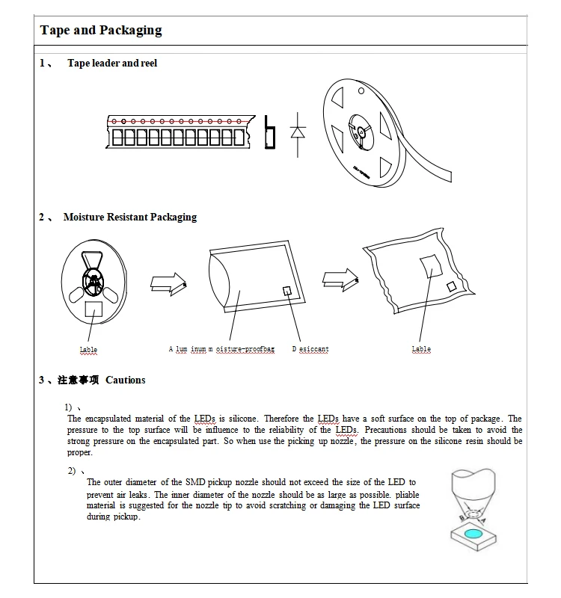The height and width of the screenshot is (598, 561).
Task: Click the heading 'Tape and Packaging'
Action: pos(100,31)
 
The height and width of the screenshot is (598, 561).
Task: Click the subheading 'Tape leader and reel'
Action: pos(112,64)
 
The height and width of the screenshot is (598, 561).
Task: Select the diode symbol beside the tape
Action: pos(298,133)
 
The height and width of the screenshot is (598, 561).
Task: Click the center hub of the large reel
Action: pos(360,132)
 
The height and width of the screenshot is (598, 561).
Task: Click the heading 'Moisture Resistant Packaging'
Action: pos(130,218)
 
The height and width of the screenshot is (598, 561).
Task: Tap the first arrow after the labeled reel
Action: pos(168,281)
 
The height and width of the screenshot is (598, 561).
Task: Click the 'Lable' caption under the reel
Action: pos(88,350)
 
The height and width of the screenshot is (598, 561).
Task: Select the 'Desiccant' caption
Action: pos(310,350)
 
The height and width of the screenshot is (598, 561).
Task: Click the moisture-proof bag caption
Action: pos(221,350)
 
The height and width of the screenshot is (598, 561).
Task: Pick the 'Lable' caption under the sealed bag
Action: pos(421,350)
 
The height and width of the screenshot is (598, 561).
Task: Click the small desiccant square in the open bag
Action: pos(286,290)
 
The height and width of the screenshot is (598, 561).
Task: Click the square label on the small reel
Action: pos(95,308)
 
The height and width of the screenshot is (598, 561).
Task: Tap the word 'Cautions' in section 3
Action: pos(126,380)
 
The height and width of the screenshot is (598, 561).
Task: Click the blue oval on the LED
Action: pos(473,534)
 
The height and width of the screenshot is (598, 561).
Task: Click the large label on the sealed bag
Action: pos(430,265)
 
